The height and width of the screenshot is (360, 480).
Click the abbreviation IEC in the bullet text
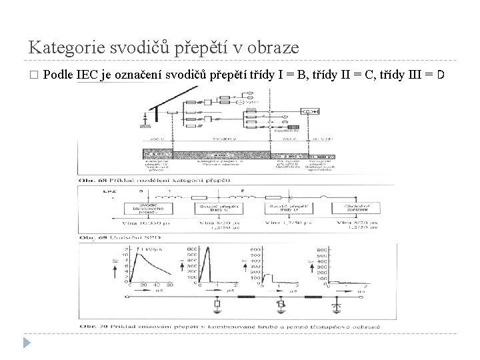pos(87,73)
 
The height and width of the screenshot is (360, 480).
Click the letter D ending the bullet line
pos(441,73)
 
